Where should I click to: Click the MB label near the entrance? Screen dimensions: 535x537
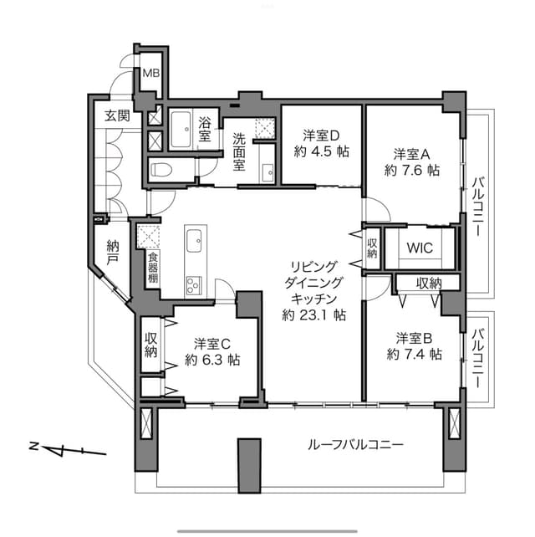click(x=151, y=73)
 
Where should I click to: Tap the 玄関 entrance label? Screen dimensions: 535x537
click(x=117, y=115)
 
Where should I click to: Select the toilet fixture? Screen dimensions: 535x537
click(x=160, y=170)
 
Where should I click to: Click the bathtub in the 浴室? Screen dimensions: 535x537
click(x=181, y=130)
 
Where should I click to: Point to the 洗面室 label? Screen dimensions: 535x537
click(x=239, y=151)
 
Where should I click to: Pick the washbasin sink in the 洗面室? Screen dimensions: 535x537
click(x=267, y=172)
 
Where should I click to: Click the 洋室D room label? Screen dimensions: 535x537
click(x=321, y=136)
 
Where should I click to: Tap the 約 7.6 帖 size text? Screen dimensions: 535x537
click(x=412, y=170)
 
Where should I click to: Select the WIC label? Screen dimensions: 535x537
click(x=420, y=248)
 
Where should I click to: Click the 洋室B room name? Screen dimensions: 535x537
click(x=415, y=339)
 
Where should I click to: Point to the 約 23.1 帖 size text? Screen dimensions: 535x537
click(x=313, y=315)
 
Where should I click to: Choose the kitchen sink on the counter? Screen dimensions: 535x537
click(x=194, y=240)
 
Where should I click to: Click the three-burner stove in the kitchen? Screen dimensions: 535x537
click(x=194, y=285)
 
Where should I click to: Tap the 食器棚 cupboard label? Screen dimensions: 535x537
click(x=153, y=268)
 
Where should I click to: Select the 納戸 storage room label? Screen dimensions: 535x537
click(x=113, y=253)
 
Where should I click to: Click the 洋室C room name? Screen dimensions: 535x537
click(x=212, y=343)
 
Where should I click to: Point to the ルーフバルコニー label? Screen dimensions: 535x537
click(x=355, y=445)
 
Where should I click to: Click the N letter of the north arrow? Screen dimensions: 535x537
click(x=34, y=446)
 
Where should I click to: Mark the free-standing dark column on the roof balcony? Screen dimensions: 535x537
click(x=250, y=466)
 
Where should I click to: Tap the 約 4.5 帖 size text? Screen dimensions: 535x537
click(x=321, y=151)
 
